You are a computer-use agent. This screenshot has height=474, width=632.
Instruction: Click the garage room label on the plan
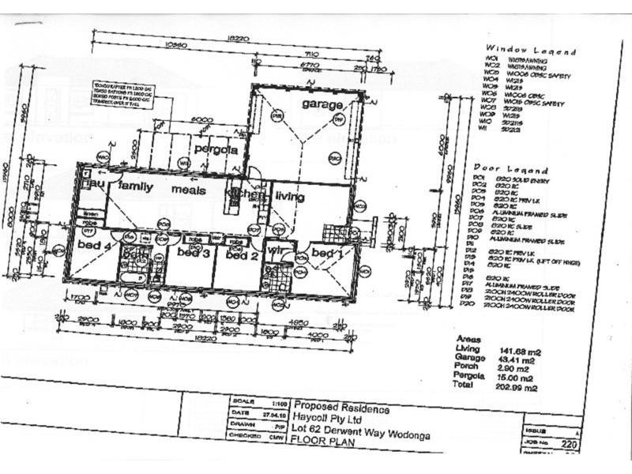pos(322,104)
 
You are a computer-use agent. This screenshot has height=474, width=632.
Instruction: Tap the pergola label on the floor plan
pos(216,149)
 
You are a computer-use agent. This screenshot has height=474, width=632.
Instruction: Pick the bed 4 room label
pos(92,245)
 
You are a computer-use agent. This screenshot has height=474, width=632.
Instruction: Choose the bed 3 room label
pos(193,253)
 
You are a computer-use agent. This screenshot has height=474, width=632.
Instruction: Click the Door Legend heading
pos(510,169)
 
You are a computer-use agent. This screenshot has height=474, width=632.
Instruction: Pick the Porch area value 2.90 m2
pos(513,368)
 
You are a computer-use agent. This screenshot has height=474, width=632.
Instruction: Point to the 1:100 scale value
pos(270,401)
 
